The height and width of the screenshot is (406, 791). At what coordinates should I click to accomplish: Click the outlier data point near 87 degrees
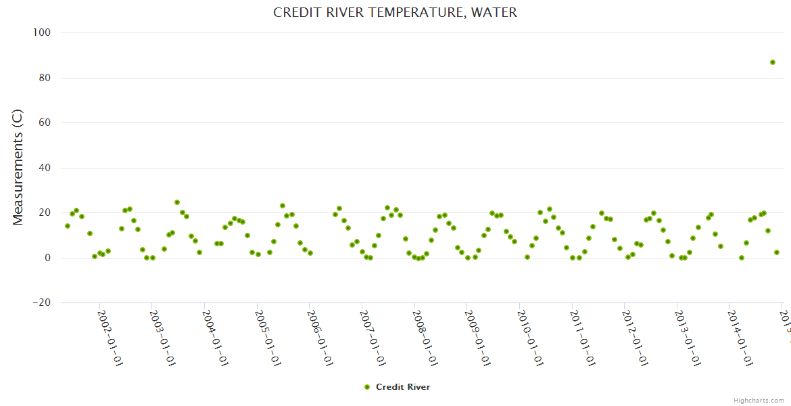773,62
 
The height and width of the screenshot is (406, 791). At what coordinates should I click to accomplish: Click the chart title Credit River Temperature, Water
395,13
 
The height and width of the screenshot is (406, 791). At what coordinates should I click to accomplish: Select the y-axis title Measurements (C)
18,167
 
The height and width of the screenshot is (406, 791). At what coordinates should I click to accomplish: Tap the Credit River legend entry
402,387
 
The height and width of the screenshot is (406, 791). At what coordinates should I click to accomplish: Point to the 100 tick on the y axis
43,32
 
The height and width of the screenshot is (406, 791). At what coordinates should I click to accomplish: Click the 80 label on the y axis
45,78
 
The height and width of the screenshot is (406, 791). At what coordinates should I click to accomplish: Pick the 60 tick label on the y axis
45,122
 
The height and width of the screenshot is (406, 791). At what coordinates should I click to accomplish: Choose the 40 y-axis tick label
45,168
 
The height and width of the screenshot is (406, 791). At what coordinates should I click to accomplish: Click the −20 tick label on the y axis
41,302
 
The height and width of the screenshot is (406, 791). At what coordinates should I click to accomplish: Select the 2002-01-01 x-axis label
110,338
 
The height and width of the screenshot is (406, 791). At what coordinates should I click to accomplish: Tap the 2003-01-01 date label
162,338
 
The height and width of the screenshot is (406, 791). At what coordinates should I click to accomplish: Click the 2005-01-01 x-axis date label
268,338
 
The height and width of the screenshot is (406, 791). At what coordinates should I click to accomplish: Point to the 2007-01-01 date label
373,338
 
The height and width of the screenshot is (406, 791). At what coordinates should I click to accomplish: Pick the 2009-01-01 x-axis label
478,338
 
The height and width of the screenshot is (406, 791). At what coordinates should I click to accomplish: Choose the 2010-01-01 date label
530,338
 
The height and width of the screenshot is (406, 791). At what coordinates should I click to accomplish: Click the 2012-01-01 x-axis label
636,338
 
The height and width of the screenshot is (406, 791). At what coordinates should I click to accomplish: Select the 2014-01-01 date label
740,338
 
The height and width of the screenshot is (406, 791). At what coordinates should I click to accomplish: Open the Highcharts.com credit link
759,401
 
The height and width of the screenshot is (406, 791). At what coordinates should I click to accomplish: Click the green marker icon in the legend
367,387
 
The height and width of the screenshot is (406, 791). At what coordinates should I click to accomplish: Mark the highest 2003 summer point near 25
177,202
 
